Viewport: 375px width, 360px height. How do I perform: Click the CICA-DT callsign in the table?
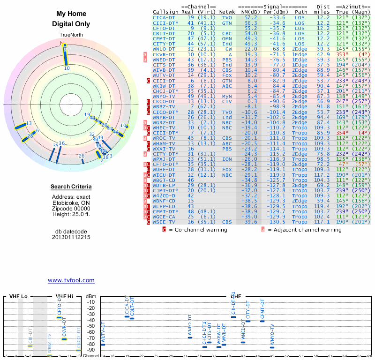click(x=164, y=17)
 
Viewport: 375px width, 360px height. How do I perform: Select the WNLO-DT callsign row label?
click(x=164, y=49)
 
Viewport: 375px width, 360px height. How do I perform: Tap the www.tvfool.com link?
click(x=71, y=280)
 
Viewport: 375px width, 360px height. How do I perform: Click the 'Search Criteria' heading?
click(x=71, y=187)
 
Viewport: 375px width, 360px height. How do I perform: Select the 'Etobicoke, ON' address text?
click(x=71, y=202)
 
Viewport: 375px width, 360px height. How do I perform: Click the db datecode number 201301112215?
click(x=71, y=237)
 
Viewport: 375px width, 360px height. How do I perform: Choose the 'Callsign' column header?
click(x=165, y=11)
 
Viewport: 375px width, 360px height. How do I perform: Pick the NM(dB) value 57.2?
click(x=251, y=17)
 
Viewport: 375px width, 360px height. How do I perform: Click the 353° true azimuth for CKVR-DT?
click(x=343, y=55)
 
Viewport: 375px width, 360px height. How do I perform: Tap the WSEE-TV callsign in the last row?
click(x=164, y=222)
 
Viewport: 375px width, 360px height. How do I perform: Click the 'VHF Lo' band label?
click(x=19, y=296)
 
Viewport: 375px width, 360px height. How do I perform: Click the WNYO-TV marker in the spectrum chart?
click(x=272, y=347)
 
